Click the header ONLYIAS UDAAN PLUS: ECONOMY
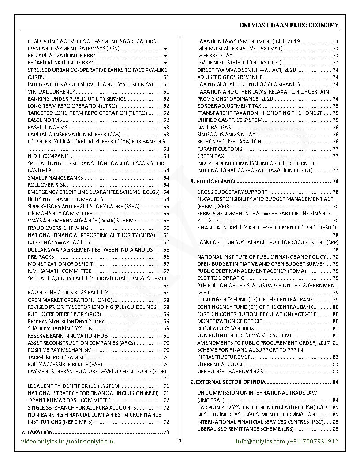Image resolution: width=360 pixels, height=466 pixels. (x=289, y=25)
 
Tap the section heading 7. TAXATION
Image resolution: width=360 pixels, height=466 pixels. (x=37, y=432)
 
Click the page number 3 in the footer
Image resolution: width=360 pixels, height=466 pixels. (x=180, y=441)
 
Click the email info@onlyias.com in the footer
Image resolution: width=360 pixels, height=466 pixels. (x=260, y=441)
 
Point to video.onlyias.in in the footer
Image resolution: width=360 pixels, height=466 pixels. (x=43, y=441)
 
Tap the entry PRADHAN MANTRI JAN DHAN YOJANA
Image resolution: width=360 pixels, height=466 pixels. (x=66, y=321)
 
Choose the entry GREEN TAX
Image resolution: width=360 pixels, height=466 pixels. (x=210, y=156)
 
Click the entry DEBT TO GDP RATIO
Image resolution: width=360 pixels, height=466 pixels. (x=221, y=278)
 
